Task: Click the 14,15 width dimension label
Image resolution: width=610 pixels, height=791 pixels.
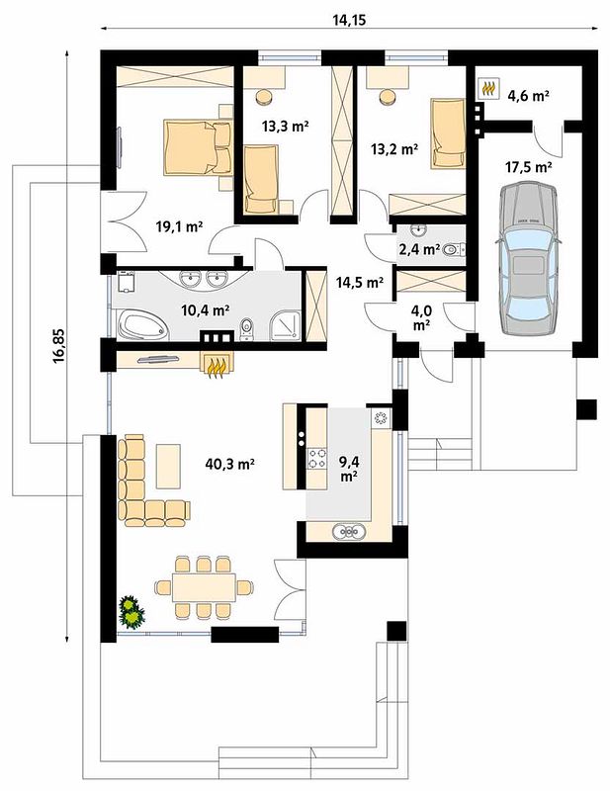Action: point(349,20)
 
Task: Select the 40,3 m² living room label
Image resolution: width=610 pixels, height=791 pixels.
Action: point(229,464)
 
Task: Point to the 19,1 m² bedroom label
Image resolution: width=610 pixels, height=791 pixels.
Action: point(179,227)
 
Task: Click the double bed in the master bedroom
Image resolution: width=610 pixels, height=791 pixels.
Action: point(198,147)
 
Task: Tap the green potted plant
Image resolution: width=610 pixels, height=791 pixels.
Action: point(132,611)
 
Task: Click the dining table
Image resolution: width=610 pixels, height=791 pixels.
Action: point(204,586)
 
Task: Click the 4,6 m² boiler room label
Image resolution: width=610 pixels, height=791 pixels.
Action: point(528,96)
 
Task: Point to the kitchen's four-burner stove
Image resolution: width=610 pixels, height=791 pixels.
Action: point(316,458)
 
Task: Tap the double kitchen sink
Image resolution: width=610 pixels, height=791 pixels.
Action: point(349,531)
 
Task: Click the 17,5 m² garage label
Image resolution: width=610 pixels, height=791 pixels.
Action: point(528,167)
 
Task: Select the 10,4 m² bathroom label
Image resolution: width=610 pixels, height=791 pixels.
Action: point(206,310)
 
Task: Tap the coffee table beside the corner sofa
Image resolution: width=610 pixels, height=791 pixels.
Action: point(168,466)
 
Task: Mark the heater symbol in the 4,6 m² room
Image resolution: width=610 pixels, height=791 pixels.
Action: point(487,88)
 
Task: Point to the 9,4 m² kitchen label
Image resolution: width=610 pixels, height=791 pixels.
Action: point(348,468)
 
